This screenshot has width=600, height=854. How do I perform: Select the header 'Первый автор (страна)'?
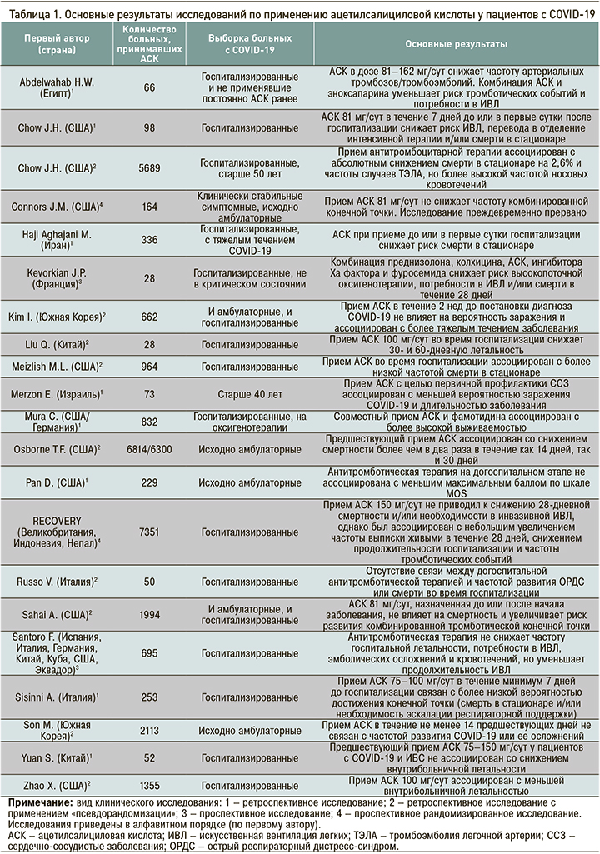tap(57, 44)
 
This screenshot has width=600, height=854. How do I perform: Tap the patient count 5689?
tap(149, 167)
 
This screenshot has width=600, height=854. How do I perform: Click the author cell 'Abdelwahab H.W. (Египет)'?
tap(57, 87)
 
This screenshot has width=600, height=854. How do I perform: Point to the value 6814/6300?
tap(149, 449)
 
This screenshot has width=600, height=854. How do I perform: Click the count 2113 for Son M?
tap(149, 730)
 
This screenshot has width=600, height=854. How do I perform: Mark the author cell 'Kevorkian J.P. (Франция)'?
tap(57, 277)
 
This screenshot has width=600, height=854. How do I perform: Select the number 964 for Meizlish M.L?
tap(149, 367)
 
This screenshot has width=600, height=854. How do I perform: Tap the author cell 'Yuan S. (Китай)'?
tap(57, 757)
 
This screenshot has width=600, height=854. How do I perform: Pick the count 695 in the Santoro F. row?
tap(149, 655)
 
